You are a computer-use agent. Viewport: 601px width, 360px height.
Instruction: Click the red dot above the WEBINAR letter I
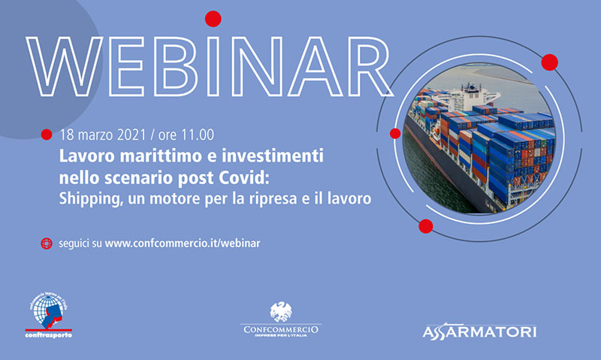point(213,19)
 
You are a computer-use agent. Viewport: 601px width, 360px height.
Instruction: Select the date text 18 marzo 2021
point(103,135)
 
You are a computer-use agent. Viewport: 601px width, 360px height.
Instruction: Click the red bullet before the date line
point(47,135)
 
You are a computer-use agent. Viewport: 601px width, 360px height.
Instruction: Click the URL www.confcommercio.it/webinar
point(183,244)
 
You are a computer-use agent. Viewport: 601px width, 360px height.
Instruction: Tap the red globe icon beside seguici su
point(47,244)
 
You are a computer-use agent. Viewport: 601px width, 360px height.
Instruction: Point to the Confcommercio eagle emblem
point(281,312)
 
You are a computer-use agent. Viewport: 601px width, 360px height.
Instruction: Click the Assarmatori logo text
point(479,332)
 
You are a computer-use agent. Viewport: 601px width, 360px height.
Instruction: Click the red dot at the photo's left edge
point(395,134)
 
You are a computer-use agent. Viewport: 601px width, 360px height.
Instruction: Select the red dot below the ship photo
point(425,226)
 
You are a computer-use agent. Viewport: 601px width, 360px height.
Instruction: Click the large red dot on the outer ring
point(550,62)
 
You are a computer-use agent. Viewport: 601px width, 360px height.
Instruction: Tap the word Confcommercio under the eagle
point(281,329)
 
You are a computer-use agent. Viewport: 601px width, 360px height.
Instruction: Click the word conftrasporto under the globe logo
point(48,335)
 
